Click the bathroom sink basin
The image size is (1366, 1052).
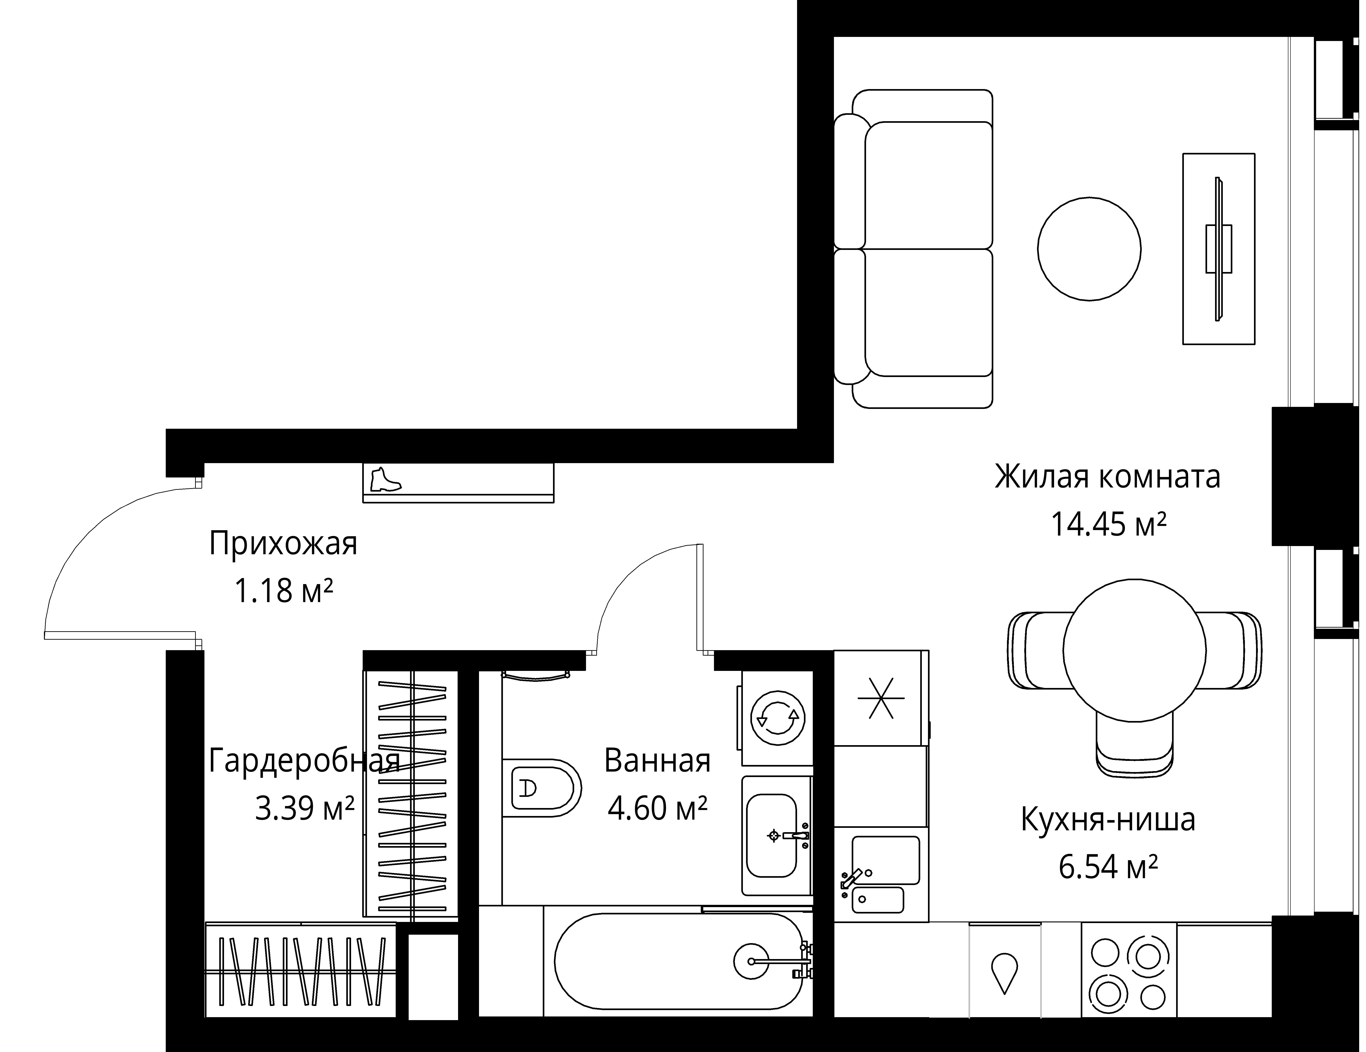click(772, 835)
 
